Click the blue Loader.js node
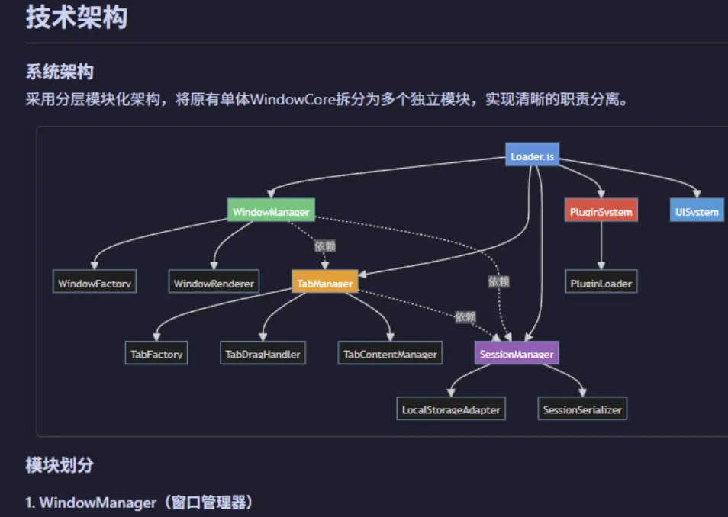click(532, 157)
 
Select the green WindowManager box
click(270, 211)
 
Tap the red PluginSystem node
click(601, 211)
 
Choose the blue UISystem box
click(697, 211)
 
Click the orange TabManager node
click(324, 283)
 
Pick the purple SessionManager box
click(517, 354)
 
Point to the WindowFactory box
click(95, 283)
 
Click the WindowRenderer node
click(214, 283)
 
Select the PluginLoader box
click(601, 283)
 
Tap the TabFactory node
click(156, 354)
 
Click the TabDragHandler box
click(263, 354)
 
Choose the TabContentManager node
click(390, 354)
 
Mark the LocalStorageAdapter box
click(451, 409)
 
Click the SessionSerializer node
click(582, 409)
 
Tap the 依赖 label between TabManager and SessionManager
click(465, 316)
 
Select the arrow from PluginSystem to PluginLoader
click(601, 246)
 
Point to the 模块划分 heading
click(60, 465)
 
